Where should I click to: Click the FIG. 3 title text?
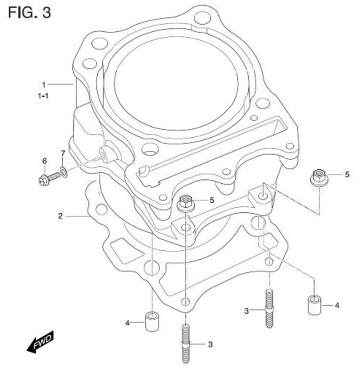[x=29, y=13]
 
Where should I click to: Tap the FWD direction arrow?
[x=40, y=342]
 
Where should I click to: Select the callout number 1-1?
[x=43, y=96]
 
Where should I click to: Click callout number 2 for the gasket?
[x=61, y=216]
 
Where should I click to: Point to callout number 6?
[x=45, y=161]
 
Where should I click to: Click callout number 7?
[x=63, y=153]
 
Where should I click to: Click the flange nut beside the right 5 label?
[x=318, y=178]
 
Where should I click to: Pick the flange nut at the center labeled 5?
[x=186, y=204]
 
